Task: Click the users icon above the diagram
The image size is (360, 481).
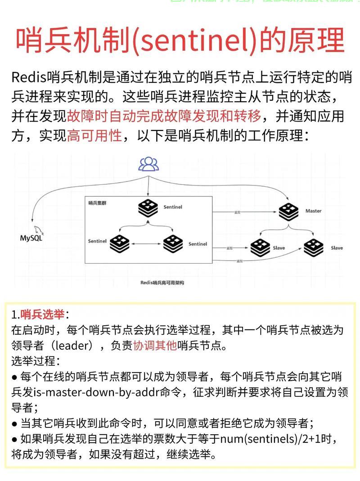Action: coord(148,164)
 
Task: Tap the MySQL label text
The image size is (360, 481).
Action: coord(31,238)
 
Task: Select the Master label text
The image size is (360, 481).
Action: coord(313,211)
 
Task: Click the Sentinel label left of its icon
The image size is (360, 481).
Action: coord(97,241)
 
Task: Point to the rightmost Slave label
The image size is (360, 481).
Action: coord(337,248)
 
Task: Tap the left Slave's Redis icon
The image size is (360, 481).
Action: coord(260,247)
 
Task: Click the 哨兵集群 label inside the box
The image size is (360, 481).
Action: coord(97,203)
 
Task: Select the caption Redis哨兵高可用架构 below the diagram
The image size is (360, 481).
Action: coord(162,283)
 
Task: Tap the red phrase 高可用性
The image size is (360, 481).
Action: coord(94,135)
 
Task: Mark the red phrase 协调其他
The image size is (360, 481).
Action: coord(155,346)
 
